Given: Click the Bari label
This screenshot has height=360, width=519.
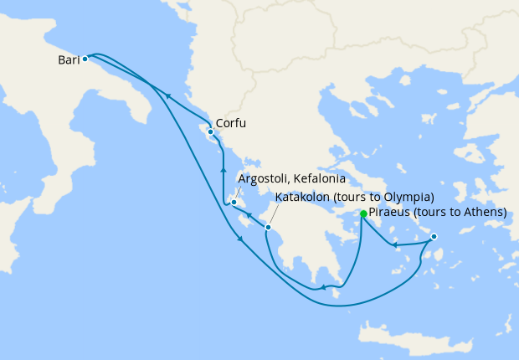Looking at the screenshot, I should (x=69, y=60).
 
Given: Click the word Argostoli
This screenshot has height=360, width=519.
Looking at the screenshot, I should (x=264, y=179).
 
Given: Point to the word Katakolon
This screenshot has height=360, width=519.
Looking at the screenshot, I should (x=303, y=198).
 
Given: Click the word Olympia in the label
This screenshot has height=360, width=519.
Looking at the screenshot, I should (x=407, y=198).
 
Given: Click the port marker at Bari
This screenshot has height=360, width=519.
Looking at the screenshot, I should (x=85, y=59).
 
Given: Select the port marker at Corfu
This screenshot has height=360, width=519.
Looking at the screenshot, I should (x=209, y=132).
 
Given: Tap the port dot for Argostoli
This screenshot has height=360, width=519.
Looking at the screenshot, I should (x=234, y=202).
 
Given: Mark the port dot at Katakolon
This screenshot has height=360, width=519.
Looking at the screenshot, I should (x=268, y=227).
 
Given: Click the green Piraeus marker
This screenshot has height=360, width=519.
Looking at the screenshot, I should (x=363, y=214).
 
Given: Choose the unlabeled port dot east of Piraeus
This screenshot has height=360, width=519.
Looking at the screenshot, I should (x=434, y=238).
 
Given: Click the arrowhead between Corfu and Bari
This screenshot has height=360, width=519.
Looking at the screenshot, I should (x=169, y=96).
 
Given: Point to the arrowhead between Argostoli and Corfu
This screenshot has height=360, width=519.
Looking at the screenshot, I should (x=223, y=170).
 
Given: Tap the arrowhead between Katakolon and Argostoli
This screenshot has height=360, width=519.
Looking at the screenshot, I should (x=249, y=216).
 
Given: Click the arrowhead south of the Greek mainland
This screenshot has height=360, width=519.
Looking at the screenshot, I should (x=323, y=289).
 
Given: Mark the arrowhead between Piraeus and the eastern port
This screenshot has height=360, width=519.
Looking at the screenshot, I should (x=395, y=244).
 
